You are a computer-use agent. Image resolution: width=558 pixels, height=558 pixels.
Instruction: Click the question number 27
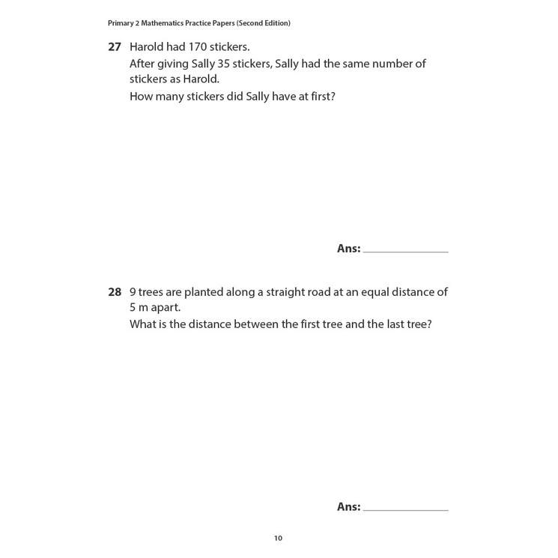(x=115, y=46)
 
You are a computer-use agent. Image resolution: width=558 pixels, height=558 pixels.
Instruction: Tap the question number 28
(x=115, y=292)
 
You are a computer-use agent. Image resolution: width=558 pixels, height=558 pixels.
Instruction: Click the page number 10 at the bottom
(x=278, y=538)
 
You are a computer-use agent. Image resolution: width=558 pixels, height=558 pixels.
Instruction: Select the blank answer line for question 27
(x=405, y=251)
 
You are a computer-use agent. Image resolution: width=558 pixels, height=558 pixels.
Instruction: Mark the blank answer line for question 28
(x=405, y=509)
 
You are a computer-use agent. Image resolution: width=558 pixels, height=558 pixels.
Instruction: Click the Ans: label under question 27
(x=348, y=249)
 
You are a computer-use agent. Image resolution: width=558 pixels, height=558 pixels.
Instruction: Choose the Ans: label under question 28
(x=348, y=507)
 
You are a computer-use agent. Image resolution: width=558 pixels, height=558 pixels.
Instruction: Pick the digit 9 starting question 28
(x=133, y=292)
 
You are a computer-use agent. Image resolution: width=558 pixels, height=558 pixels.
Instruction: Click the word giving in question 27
(x=174, y=64)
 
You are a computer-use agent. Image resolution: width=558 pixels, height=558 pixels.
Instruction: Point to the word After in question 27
(x=142, y=64)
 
